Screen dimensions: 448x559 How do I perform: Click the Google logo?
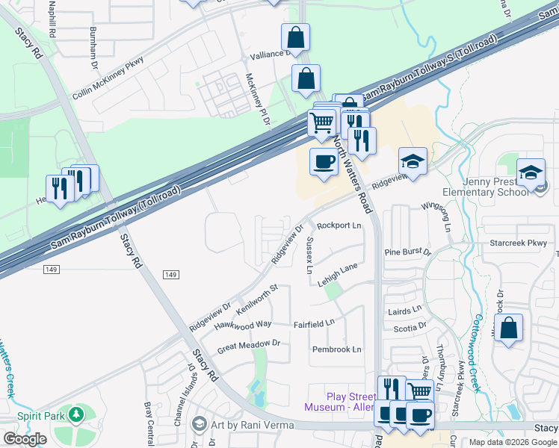[x=25, y=439]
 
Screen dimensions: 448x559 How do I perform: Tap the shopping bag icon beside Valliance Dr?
[x=296, y=38]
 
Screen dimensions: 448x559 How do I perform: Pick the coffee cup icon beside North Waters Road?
[x=324, y=162]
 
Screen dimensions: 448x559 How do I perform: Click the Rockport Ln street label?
[x=339, y=225]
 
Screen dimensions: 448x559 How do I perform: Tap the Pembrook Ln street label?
[x=336, y=349]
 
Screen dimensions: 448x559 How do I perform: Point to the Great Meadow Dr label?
[x=248, y=346]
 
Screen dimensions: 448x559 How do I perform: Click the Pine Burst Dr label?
[x=407, y=252]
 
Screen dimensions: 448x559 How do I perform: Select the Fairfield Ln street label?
[x=314, y=324]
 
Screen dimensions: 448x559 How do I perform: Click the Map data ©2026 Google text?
[x=512, y=442]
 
